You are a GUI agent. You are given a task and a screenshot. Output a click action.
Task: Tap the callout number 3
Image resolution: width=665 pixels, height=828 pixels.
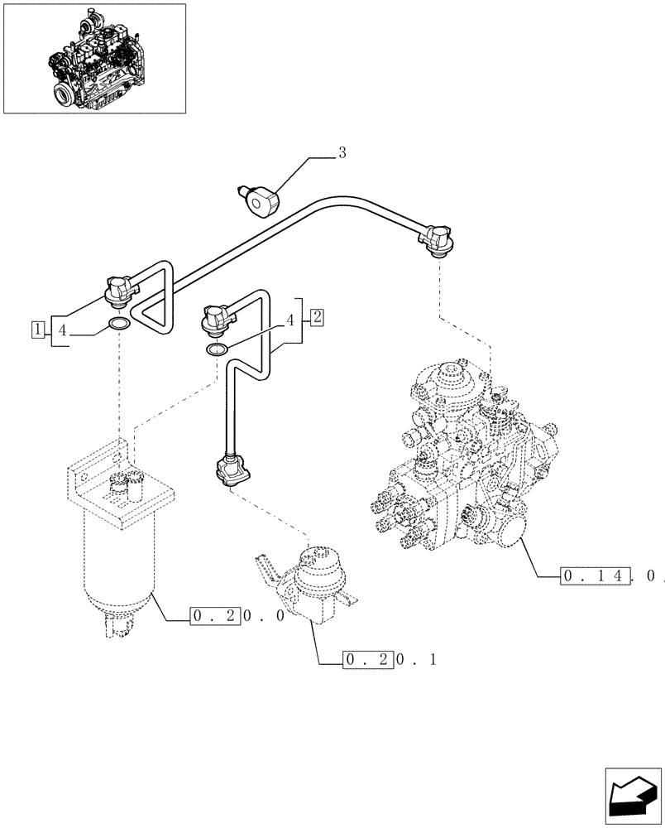[342, 152]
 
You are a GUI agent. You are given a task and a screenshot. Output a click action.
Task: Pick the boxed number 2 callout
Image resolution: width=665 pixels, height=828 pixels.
[318, 315]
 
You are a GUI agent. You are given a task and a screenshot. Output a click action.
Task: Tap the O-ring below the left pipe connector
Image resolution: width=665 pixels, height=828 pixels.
[118, 323]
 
